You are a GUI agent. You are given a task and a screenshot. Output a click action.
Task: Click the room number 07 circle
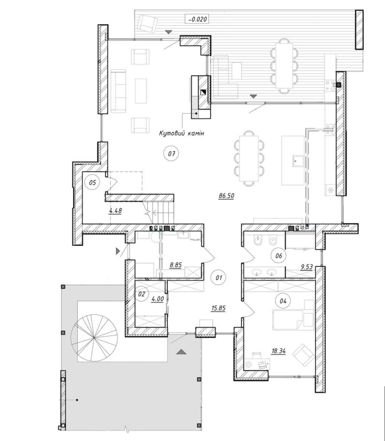tap(171, 154)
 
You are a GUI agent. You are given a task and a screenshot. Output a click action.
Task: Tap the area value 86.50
tap(226, 196)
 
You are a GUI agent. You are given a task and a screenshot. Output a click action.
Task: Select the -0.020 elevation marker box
tap(197, 19)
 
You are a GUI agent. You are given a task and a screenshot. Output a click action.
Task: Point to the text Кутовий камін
tap(181, 133)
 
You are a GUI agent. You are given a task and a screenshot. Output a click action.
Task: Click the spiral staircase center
tap(94, 337)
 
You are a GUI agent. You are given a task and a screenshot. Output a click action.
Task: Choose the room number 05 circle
tap(92, 183)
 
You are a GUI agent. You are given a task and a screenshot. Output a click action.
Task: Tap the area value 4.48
tap(115, 210)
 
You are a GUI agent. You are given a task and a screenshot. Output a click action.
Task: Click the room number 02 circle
tap(141, 294)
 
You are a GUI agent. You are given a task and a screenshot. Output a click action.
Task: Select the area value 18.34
tap(278, 351)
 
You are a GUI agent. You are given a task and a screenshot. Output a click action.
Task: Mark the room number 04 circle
tap(283, 301)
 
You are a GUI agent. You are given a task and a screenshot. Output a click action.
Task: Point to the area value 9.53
tap(306, 267)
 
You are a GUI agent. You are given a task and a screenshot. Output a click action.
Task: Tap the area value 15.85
tap(218, 308)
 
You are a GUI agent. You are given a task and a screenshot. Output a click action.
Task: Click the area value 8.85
tap(175, 265)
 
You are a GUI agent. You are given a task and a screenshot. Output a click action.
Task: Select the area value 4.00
tap(157, 299)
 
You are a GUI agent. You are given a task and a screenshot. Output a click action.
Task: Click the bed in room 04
tap(288, 320)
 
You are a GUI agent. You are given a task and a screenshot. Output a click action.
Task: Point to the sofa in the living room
tap(118, 91)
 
